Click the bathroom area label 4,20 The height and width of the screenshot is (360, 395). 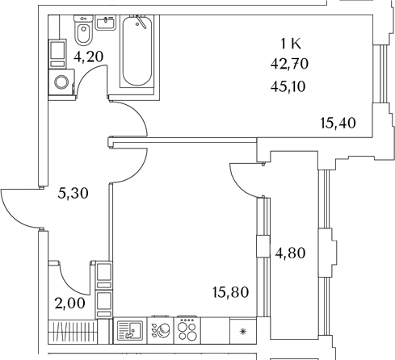(x=89, y=57)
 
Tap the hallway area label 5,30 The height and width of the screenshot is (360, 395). (x=73, y=193)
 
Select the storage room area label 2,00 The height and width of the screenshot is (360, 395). (x=69, y=303)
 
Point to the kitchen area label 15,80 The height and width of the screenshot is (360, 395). (x=230, y=292)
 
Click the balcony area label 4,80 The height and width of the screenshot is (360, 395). (x=290, y=253)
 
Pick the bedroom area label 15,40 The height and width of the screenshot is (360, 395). (x=338, y=123)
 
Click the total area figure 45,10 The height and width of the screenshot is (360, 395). (x=288, y=86)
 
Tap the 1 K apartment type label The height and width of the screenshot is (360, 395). (x=291, y=44)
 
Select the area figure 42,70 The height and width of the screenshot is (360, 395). (x=289, y=64)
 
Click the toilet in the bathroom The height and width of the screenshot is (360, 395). (x=83, y=30)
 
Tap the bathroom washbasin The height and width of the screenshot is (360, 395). (x=106, y=23)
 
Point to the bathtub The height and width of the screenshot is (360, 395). (x=137, y=51)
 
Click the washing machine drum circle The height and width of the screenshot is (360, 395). (x=61, y=82)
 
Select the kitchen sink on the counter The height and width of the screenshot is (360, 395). (x=130, y=331)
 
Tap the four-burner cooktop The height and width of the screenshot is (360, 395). (x=187, y=331)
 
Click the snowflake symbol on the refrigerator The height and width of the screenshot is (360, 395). (x=243, y=332)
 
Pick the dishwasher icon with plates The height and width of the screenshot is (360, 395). (x=161, y=331)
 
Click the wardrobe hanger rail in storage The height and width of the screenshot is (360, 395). (x=73, y=331)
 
